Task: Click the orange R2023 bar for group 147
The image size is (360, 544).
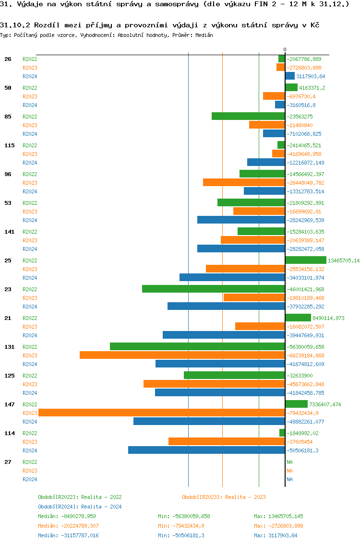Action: pyautogui.click(x=161, y=413)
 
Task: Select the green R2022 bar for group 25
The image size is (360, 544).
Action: pyautogui.click(x=306, y=260)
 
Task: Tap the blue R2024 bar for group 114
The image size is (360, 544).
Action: pyautogui.click(x=206, y=450)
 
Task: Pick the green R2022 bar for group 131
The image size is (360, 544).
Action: pyautogui.click(x=197, y=346)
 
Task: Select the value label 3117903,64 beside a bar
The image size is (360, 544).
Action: pyautogui.click(x=311, y=76)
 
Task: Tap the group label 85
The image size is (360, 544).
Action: pyautogui.click(x=8, y=117)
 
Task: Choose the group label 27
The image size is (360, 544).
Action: pyautogui.click(x=8, y=462)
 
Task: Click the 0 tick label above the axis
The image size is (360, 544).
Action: pyautogui.click(x=285, y=49)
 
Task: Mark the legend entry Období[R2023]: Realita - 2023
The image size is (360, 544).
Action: pyautogui.click(x=224, y=497)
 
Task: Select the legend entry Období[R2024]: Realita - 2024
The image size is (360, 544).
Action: pyautogui.click(x=80, y=507)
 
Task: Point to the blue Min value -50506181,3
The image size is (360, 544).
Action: pyautogui.click(x=184, y=535)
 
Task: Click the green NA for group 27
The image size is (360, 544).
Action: pyautogui.click(x=289, y=462)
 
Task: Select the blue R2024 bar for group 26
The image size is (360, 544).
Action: pyautogui.click(x=290, y=76)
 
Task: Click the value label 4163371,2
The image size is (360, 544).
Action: pyautogui.click(x=312, y=88)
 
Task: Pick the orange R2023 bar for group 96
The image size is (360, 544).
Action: pyautogui.click(x=244, y=182)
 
